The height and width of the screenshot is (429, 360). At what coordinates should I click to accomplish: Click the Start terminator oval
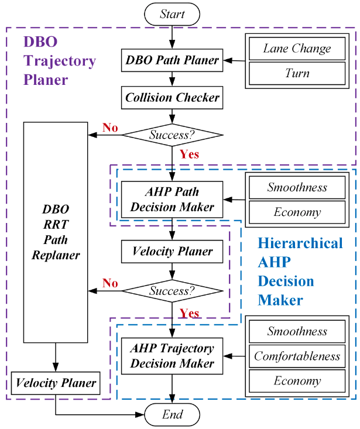pyautogui.click(x=172, y=15)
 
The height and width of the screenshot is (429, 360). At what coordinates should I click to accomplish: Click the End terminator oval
pyautogui.click(x=172, y=415)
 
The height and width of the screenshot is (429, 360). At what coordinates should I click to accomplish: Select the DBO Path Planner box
pyautogui.click(x=172, y=60)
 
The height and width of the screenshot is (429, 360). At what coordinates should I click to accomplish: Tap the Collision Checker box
pyautogui.click(x=172, y=98)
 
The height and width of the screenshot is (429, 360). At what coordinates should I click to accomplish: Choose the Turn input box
pyautogui.click(x=297, y=73)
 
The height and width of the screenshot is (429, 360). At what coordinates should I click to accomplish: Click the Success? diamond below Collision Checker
pyautogui.click(x=172, y=135)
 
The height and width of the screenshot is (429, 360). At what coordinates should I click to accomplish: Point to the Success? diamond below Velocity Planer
pyautogui.click(x=172, y=290)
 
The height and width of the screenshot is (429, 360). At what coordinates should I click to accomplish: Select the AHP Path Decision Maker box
pyautogui.click(x=172, y=200)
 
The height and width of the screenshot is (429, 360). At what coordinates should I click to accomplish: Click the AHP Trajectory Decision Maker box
pyautogui.click(x=172, y=355)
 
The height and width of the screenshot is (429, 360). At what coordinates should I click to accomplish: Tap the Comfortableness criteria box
pyautogui.click(x=297, y=356)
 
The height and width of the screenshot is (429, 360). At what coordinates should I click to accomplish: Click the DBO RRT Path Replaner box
pyautogui.click(x=56, y=232)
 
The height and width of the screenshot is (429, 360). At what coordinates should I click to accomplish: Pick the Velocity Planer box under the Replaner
pyautogui.click(x=56, y=384)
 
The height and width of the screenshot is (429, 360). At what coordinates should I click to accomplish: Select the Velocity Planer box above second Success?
pyautogui.click(x=172, y=252)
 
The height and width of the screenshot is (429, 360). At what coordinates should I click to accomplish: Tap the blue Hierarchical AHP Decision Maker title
pyautogui.click(x=300, y=272)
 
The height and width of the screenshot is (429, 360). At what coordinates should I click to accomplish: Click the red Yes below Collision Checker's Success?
pyautogui.click(x=190, y=155)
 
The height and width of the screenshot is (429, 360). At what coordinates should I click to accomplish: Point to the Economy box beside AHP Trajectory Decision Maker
pyautogui.click(x=297, y=381)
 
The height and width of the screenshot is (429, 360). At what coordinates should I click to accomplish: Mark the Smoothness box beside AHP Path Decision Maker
pyautogui.click(x=297, y=188)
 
